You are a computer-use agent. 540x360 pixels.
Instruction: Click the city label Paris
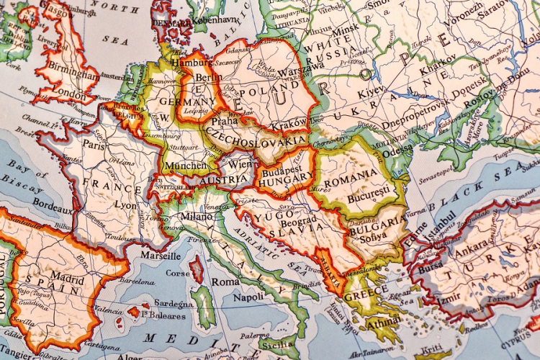(x=94, y=144)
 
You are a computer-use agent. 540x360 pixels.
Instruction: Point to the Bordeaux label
(x=50, y=205)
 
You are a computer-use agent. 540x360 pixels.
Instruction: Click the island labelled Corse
(x=179, y=274)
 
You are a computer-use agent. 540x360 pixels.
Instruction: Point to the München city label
(x=186, y=166)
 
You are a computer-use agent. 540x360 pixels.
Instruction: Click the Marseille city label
(x=161, y=256)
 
